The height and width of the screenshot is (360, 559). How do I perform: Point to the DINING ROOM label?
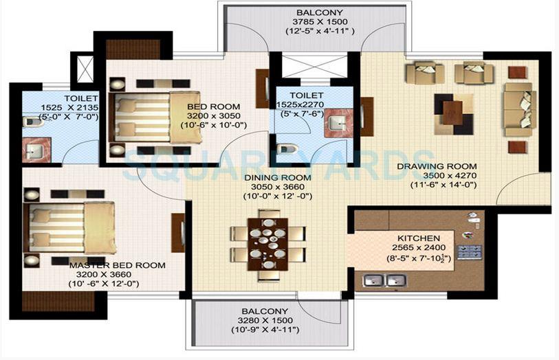click(x=278, y=177)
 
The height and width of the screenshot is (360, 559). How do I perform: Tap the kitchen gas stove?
click(x=474, y=251)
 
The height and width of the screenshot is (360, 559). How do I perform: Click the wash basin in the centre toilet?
click(x=337, y=123)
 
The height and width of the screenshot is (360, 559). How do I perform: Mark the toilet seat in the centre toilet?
click(x=287, y=148)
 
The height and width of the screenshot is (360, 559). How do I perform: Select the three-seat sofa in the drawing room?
click(x=519, y=107)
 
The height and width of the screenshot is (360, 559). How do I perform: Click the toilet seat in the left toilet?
click(x=31, y=122)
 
